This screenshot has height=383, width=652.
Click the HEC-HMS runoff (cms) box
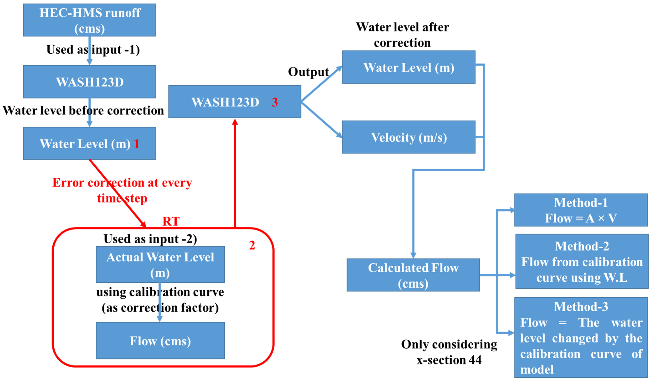pyautogui.click(x=89, y=20)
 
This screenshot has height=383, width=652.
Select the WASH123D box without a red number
pyautogui.click(x=89, y=82)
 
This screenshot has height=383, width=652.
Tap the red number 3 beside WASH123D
pyautogui.click(x=275, y=102)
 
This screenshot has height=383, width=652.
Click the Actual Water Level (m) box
pyautogui.click(x=160, y=264)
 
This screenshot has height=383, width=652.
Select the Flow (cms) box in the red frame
pyautogui.click(x=160, y=341)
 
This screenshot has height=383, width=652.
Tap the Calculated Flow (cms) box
pyautogui.click(x=413, y=275)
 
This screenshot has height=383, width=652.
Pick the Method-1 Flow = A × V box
pyautogui.click(x=581, y=210)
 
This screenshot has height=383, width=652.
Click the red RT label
pyautogui.click(x=171, y=221)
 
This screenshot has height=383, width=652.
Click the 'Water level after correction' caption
pyautogui.click(x=402, y=35)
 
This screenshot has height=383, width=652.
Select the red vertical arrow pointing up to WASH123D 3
pyautogui.click(x=235, y=174)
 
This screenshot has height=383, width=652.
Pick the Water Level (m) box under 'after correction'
pyautogui.click(x=409, y=67)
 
